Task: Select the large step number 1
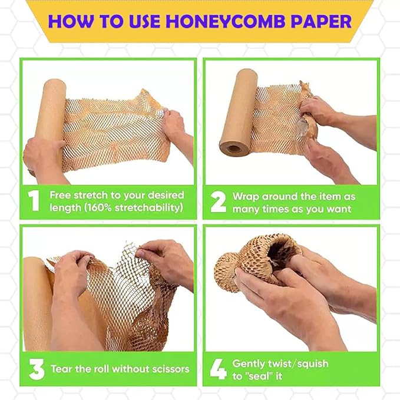[x=34, y=201]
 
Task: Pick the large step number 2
[x=218, y=201]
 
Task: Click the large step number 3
[x=36, y=369]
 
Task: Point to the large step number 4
[x=218, y=369]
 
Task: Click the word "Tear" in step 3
[x=61, y=369]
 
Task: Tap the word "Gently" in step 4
[x=249, y=363]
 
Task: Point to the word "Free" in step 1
[x=60, y=195]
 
